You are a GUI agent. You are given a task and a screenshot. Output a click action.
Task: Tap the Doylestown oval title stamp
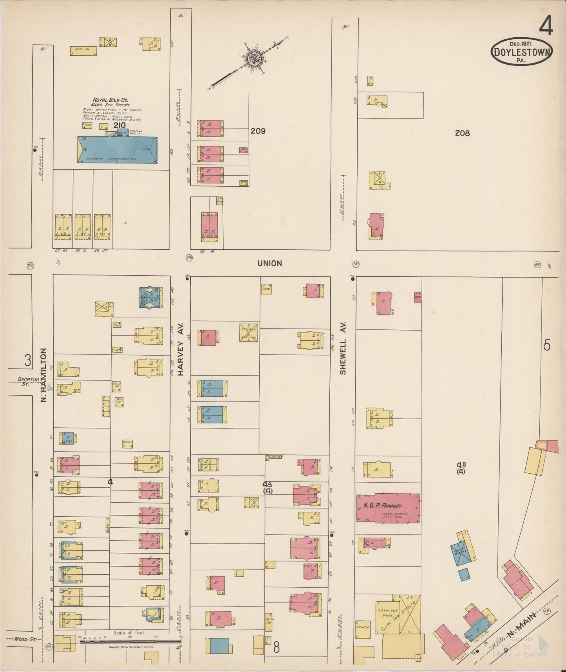(x=521, y=52)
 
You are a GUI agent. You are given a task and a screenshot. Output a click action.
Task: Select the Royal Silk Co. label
(x=108, y=100)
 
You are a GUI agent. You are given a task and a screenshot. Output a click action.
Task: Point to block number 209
(x=258, y=131)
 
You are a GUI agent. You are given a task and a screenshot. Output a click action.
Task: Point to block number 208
(x=462, y=133)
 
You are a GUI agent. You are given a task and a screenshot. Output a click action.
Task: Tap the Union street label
(x=269, y=263)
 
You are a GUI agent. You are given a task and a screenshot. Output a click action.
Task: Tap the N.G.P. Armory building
(x=388, y=508)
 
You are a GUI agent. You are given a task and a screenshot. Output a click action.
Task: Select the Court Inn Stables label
(x=396, y=618)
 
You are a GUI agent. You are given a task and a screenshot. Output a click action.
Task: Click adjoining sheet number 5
(x=547, y=346)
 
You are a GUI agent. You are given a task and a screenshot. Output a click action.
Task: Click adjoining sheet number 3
(x=27, y=361)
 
